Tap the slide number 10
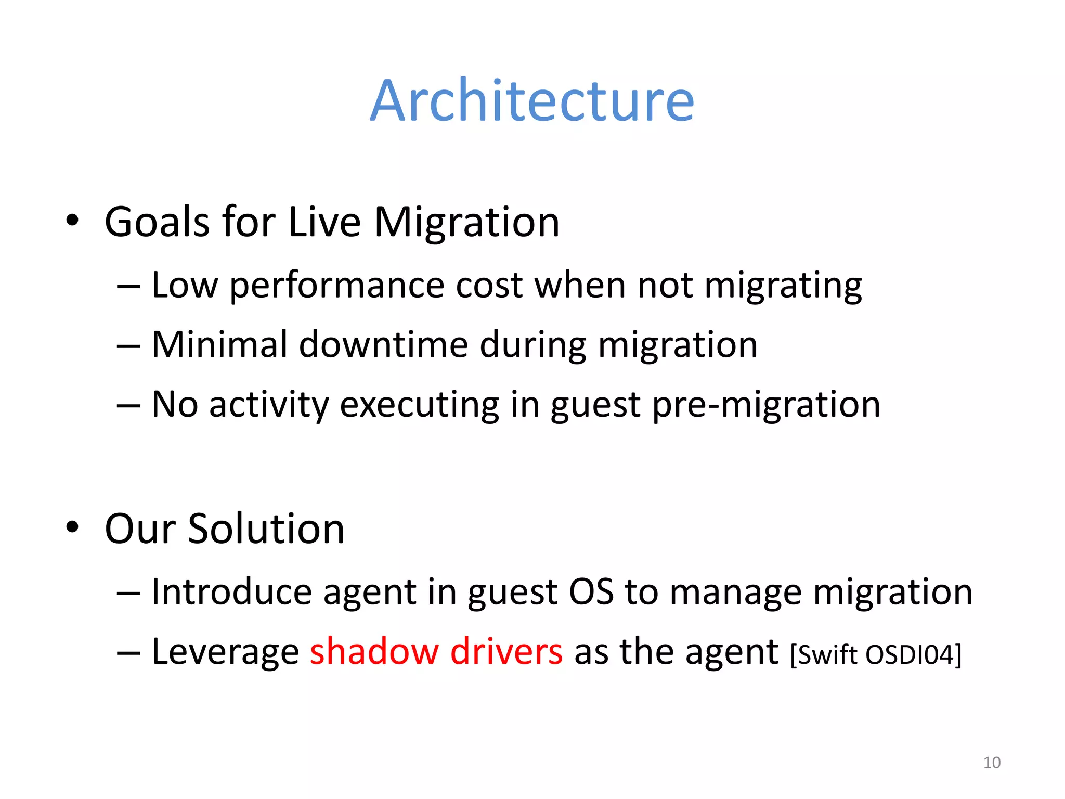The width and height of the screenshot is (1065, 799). [992, 763]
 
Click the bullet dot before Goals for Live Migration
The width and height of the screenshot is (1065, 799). [72, 221]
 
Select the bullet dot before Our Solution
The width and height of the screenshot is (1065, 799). [72, 527]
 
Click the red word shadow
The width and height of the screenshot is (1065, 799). [374, 651]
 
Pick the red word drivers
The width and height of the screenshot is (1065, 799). [506, 651]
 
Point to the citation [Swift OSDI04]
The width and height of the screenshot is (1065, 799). [876, 654]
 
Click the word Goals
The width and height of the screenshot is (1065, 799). [157, 222]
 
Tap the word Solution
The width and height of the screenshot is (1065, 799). [266, 529]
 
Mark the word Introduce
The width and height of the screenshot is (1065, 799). [231, 592]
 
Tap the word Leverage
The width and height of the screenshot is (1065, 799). [225, 652]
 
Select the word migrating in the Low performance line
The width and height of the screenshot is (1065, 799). [783, 286]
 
